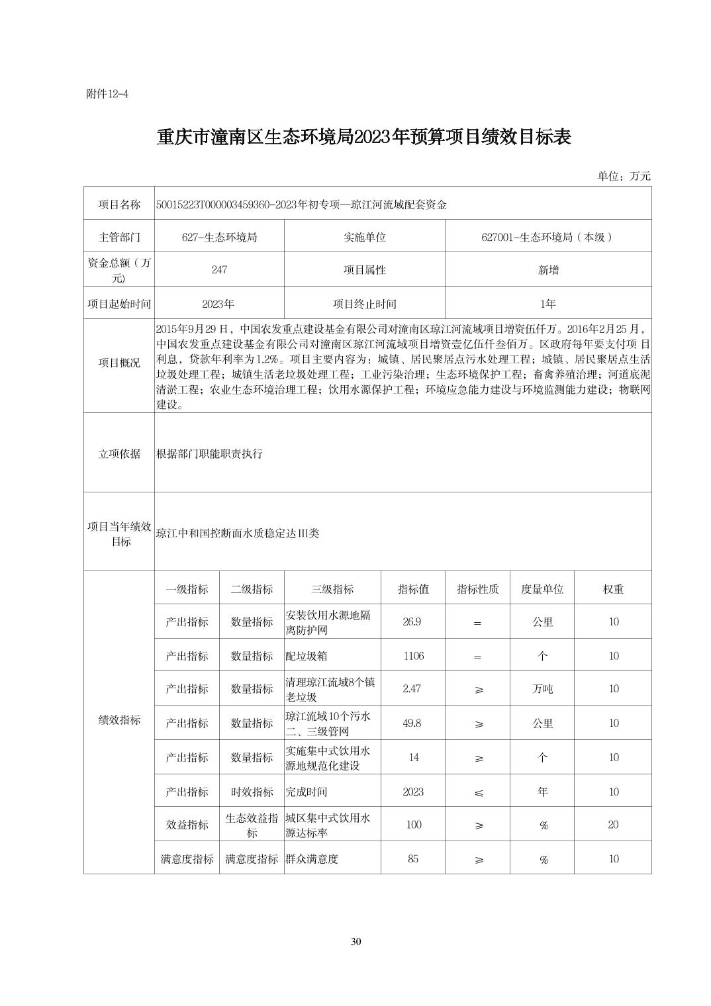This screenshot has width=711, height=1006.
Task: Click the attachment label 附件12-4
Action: pyautogui.click(x=107, y=94)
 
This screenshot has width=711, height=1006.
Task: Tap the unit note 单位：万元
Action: pyautogui.click(x=624, y=176)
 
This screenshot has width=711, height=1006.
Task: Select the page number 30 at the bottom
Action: pyautogui.click(x=355, y=942)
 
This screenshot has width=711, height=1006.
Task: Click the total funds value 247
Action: pyautogui.click(x=219, y=270)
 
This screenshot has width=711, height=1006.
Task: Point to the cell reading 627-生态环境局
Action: pyautogui.click(x=219, y=237)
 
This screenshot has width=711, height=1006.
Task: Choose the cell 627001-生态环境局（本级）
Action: pyautogui.click(x=547, y=237)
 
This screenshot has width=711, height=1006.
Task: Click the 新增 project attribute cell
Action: pyautogui.click(x=547, y=270)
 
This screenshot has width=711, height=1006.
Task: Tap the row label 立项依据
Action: pyautogui.click(x=119, y=453)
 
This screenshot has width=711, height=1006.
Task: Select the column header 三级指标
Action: pyautogui.click(x=332, y=589)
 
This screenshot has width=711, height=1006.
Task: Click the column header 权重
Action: pyautogui.click(x=613, y=589)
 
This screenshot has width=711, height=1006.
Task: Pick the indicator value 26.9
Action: pyautogui.click(x=412, y=622)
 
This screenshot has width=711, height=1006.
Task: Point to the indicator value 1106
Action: pyautogui.click(x=413, y=656)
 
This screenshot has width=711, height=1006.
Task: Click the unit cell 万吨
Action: pyautogui.click(x=542, y=689)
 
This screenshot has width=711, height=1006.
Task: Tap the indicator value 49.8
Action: pyautogui.click(x=412, y=723)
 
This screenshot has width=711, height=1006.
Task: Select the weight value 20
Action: pyautogui.click(x=613, y=825)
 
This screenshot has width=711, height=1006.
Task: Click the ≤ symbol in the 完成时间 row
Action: pyautogui.click(x=478, y=792)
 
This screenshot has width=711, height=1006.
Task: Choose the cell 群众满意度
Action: pyautogui.click(x=312, y=859)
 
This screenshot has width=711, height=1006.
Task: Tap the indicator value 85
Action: pyautogui.click(x=413, y=859)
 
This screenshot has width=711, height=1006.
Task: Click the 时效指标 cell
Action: pyautogui.click(x=252, y=792)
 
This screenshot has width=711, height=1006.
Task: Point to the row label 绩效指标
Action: pyautogui.click(x=119, y=721)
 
